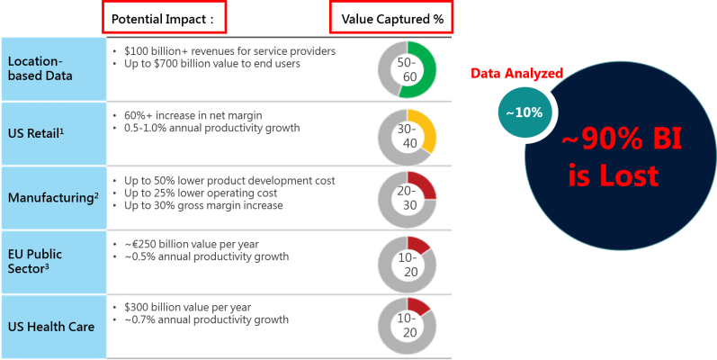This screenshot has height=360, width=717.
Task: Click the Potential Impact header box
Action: point(164,18)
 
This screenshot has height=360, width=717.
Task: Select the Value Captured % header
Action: point(391,18)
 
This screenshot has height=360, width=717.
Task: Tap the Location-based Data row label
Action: point(41,68)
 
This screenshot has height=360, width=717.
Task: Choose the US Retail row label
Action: point(36,133)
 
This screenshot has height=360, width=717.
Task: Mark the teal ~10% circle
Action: point(524,113)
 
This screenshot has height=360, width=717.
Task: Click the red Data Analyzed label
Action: point(517,73)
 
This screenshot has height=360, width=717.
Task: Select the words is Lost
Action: point(614,174)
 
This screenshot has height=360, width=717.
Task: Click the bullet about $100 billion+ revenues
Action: point(229,51)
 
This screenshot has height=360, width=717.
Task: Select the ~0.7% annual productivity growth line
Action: point(205,319)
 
